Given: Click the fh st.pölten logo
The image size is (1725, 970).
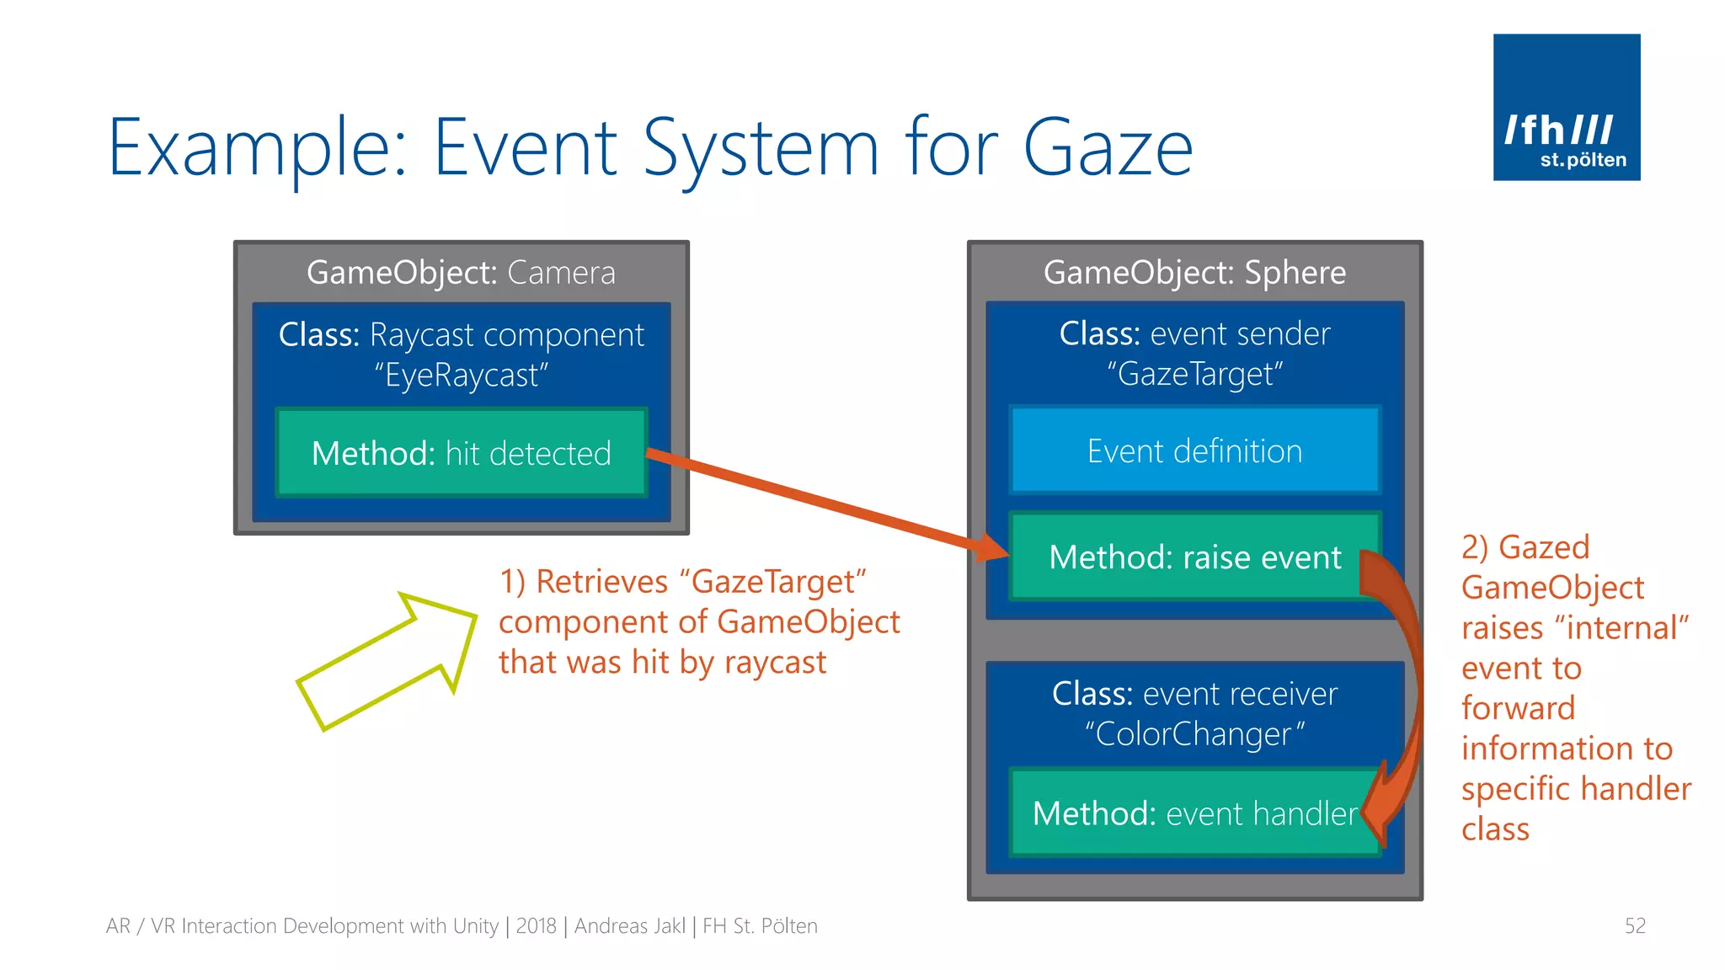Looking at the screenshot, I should tap(1566, 107).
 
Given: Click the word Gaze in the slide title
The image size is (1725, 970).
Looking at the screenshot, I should tap(1108, 148).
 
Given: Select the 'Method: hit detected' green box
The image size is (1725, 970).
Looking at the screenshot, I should tap(461, 453).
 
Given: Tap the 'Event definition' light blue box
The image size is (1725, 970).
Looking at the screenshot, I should tap(1194, 451).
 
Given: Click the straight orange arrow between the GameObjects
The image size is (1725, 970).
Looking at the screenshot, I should tap(825, 502).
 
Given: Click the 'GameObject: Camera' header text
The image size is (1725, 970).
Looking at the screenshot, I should tap(461, 273).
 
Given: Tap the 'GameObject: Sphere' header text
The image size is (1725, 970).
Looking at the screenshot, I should tap(1194, 273).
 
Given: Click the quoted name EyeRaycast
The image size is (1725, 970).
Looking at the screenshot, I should tap(462, 376).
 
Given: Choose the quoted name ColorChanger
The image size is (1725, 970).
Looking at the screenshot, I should tap(1194, 734).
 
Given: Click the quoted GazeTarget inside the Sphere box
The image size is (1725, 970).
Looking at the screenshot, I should tap(1194, 374).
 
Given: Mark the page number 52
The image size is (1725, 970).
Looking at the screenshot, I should tap(1634, 926).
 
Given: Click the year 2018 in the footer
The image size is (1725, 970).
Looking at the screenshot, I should tap(536, 926).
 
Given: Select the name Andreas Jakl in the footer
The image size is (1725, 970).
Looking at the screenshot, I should tap(629, 926).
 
